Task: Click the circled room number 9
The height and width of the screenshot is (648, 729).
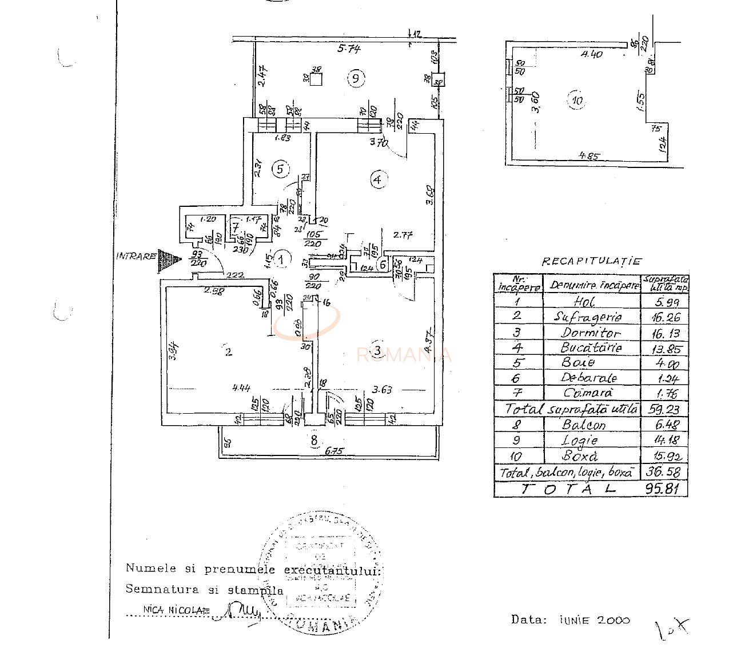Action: (356, 78)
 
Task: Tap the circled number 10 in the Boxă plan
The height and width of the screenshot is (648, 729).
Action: (577, 101)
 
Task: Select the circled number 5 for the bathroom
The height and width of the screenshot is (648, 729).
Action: (280, 169)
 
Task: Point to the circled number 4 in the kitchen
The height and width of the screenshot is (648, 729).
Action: (377, 180)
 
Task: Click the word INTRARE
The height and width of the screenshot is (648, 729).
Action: (136, 256)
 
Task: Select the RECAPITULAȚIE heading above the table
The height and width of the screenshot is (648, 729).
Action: (591, 262)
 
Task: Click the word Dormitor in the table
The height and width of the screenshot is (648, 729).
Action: (591, 333)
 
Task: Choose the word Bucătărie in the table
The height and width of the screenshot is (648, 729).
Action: (591, 347)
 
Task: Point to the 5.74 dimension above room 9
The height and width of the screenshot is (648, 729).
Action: (349, 49)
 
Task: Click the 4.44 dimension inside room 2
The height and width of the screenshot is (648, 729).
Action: (241, 388)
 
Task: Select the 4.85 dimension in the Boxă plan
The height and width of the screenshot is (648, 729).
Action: (589, 155)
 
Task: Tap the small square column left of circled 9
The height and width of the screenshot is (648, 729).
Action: (315, 78)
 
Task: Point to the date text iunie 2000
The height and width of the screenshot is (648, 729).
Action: (595, 620)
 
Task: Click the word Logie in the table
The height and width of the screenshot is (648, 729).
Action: (580, 440)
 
